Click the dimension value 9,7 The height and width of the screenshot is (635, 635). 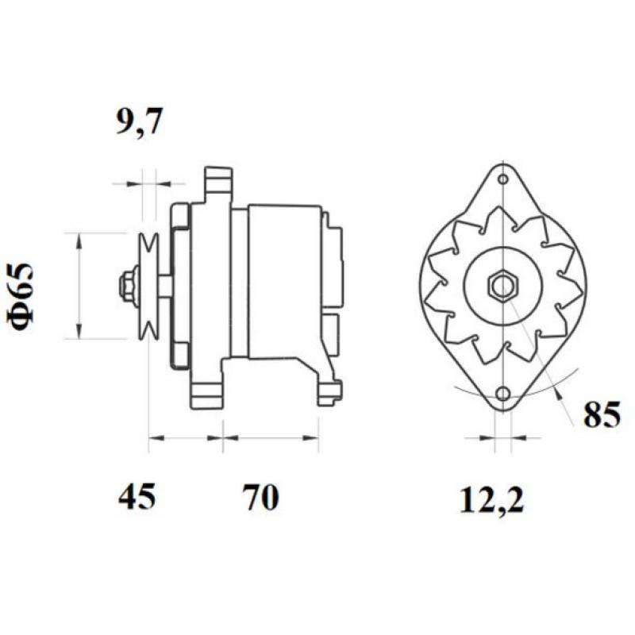coord(140,123)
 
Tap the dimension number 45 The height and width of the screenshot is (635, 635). coord(137,498)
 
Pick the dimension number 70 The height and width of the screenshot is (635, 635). coord(260,498)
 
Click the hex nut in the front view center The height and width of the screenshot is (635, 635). coord(502,285)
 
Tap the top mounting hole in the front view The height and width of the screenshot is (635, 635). coord(502,179)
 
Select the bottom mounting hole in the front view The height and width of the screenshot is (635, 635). coord(502,394)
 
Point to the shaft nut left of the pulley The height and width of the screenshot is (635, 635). coord(126,285)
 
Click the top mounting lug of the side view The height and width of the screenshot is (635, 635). coord(217,183)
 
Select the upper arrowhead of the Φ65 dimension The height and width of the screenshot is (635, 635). coord(79,239)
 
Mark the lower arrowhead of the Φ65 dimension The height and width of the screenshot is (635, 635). coord(79,333)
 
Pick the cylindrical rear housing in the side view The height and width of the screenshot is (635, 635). coord(284,282)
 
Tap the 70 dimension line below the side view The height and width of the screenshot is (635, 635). coord(271,437)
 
